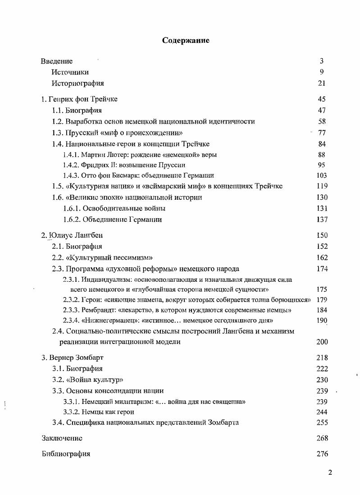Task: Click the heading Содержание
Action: [x=186, y=41]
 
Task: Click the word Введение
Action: [x=57, y=61]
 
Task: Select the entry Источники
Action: [x=70, y=72]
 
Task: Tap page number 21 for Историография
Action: [x=321, y=83]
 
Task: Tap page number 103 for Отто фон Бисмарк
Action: [x=321, y=176]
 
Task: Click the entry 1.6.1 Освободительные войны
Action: [x=114, y=209]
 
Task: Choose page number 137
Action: [x=321, y=220]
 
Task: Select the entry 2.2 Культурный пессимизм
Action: [x=102, y=258]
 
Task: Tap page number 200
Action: [x=322, y=342]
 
